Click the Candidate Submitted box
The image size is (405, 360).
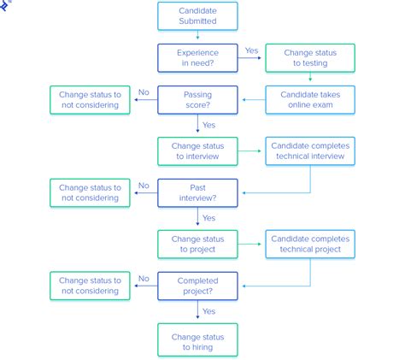pos(197,15)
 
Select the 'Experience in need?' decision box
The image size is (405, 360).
pos(197,58)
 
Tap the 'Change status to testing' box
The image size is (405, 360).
pos(308,58)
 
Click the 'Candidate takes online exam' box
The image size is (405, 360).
pos(308,99)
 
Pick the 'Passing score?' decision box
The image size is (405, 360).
pos(197,99)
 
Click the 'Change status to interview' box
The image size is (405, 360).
pos(197,150)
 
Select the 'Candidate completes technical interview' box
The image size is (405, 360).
pos(308,150)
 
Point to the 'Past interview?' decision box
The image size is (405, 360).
pos(197,192)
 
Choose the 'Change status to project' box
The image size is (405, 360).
pos(197,245)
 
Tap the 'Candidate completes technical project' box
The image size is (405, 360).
pos(308,245)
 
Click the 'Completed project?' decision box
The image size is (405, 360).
pos(197,286)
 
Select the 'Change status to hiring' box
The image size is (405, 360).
pos(197,339)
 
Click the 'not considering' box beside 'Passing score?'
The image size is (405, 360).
pos(90,99)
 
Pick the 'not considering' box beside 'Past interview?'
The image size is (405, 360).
pos(90,192)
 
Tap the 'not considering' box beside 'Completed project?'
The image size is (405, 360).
pos(90,286)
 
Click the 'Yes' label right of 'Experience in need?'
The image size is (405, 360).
pos(251,50)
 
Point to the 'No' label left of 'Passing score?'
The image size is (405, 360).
pos(144,91)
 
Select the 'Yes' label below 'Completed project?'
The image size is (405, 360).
pos(208,311)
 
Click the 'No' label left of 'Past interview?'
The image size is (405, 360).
pos(144,185)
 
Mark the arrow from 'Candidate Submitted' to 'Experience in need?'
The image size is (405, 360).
pos(197,37)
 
